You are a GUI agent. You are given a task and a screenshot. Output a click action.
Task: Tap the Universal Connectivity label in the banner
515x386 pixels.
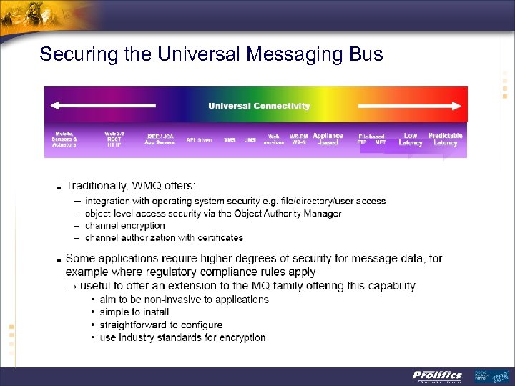(x=259, y=107)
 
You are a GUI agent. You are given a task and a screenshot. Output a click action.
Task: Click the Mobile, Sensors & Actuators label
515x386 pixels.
(x=64, y=139)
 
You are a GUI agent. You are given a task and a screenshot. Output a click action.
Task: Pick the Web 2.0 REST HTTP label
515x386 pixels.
(x=114, y=139)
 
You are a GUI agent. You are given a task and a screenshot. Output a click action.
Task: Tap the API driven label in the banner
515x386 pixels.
(x=200, y=140)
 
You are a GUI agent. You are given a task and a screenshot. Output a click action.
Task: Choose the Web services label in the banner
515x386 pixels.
(x=273, y=139)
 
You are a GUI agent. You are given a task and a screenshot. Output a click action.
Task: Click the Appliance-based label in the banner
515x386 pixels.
(x=328, y=139)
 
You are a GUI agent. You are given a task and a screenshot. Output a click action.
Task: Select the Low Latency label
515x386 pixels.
(x=411, y=139)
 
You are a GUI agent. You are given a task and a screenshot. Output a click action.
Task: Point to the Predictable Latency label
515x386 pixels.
(x=446, y=139)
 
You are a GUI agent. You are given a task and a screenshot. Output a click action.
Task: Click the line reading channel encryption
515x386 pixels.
(x=125, y=225)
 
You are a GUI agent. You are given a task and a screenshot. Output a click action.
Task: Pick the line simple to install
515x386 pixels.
(x=134, y=312)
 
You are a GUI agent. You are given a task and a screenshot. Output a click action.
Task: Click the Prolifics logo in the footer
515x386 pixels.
(x=437, y=376)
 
